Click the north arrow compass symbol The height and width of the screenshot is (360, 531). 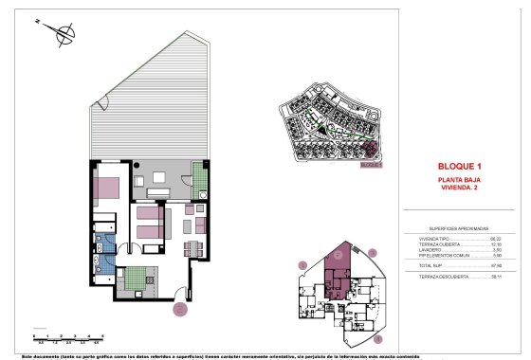coord(64,36)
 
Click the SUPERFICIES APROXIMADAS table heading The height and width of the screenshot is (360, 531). coord(458,229)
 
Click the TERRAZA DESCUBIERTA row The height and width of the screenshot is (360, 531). coord(459,277)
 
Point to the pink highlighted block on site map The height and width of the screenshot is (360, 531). coord(373,148)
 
